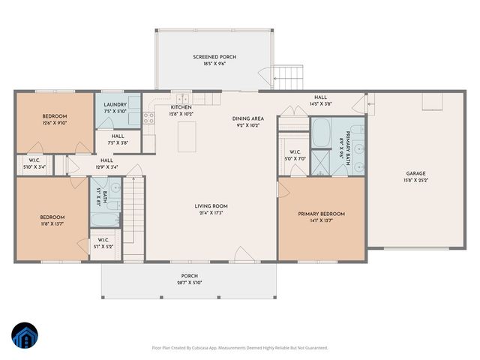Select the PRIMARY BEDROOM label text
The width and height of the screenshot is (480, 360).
point(321,214)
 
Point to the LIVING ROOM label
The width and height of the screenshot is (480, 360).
point(211,206)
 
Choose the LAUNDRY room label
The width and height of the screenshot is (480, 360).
point(115,105)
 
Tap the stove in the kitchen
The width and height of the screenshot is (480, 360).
point(148,116)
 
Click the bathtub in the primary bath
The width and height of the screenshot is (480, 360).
point(319,133)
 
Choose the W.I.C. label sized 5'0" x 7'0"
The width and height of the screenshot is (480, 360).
point(292,159)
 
